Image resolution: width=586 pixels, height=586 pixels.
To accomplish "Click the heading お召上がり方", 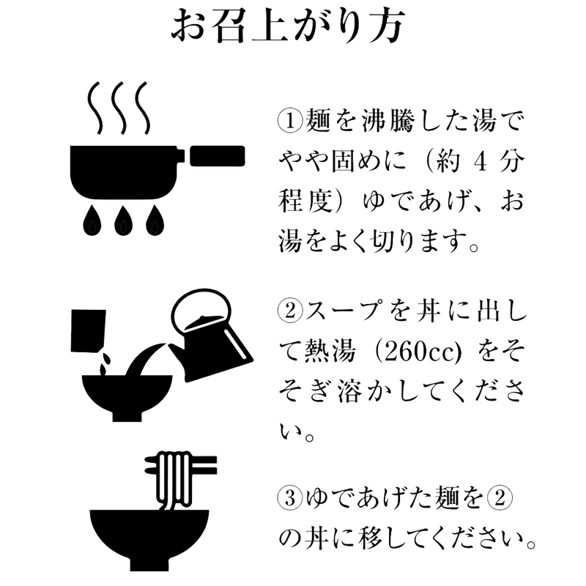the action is pos(288,25).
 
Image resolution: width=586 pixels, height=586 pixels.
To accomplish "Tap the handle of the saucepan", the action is pos(218,156).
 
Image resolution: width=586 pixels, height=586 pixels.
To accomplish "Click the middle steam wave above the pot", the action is pos(119,108).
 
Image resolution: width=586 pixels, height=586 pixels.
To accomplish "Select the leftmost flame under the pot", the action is pos(92,220).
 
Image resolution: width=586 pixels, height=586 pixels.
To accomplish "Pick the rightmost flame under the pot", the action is pos(155,220).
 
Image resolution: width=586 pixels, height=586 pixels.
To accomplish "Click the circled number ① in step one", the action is pos(290,121).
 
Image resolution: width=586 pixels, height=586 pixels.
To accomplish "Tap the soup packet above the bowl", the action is pos(88,331).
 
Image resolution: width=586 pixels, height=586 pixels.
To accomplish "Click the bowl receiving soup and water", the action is pos(127,398).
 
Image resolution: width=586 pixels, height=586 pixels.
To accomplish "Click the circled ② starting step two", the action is pos(290,311).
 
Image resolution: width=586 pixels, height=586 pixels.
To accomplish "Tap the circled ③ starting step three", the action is pos(290,499).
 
